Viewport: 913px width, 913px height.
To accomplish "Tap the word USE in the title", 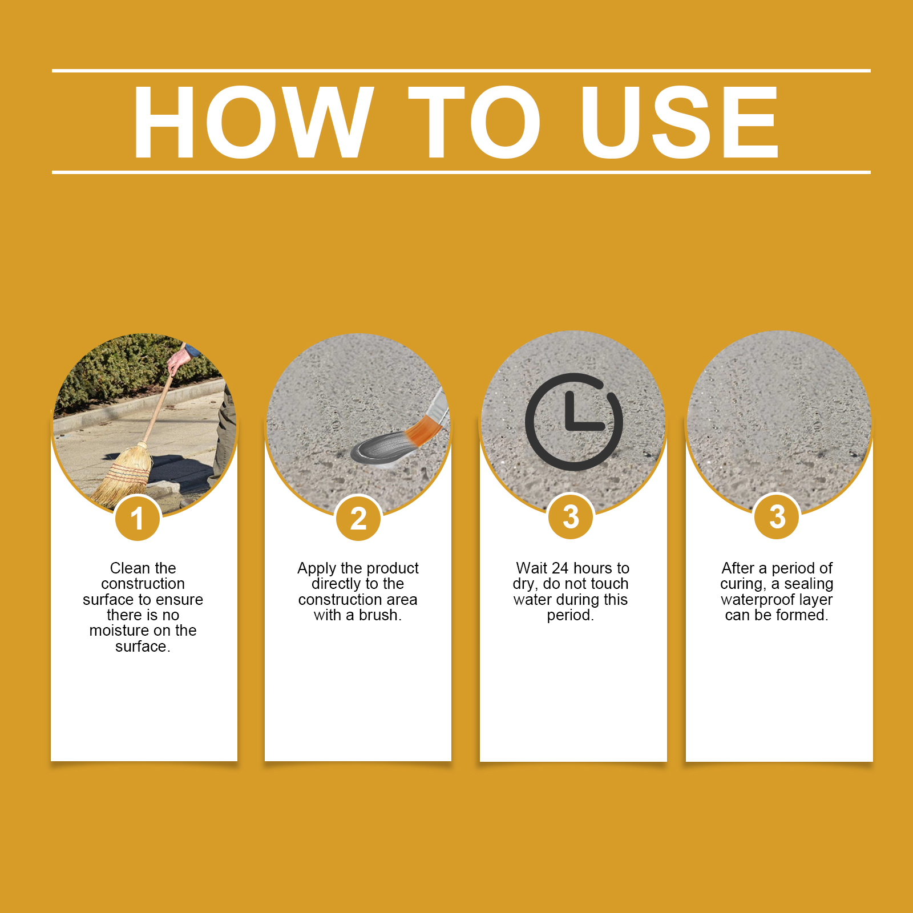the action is pyautogui.click(x=679, y=122).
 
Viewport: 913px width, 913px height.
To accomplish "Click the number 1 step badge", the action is pyautogui.click(x=138, y=518).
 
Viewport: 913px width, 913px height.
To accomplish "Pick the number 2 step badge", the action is pyautogui.click(x=358, y=518).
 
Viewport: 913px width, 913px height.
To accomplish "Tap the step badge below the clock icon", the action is pyautogui.click(x=571, y=516).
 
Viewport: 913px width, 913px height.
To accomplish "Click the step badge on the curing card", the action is pyautogui.click(x=777, y=516).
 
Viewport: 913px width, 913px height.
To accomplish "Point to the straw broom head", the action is pyautogui.click(x=123, y=476).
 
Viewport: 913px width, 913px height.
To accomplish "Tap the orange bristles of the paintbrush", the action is pyautogui.click(x=422, y=431).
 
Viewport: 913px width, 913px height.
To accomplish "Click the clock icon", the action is pyautogui.click(x=573, y=422).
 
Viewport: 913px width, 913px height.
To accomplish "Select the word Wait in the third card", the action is pyautogui.click(x=532, y=568).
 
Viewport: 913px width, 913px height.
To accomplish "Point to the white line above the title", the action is pyautogui.click(x=461, y=71).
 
